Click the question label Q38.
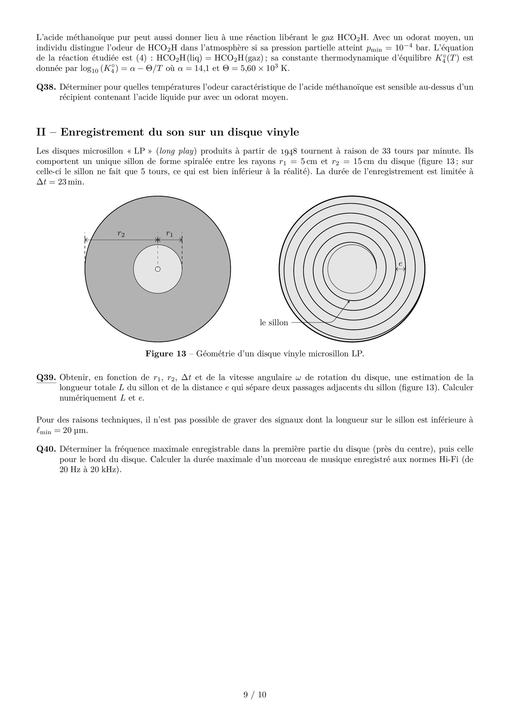pos(46,87)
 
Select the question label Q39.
pos(46,377)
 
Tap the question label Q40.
pos(46,449)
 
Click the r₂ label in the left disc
pos(121,234)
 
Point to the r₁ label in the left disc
pos(169,234)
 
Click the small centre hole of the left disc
pos(158,269)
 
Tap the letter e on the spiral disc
pos(400,264)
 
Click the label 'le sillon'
pos(274,323)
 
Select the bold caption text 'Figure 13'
pos(166,354)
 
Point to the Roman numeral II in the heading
pos(41,132)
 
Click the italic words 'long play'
pos(176,152)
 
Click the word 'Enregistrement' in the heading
pos(102,132)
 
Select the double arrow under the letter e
pos(400,269)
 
